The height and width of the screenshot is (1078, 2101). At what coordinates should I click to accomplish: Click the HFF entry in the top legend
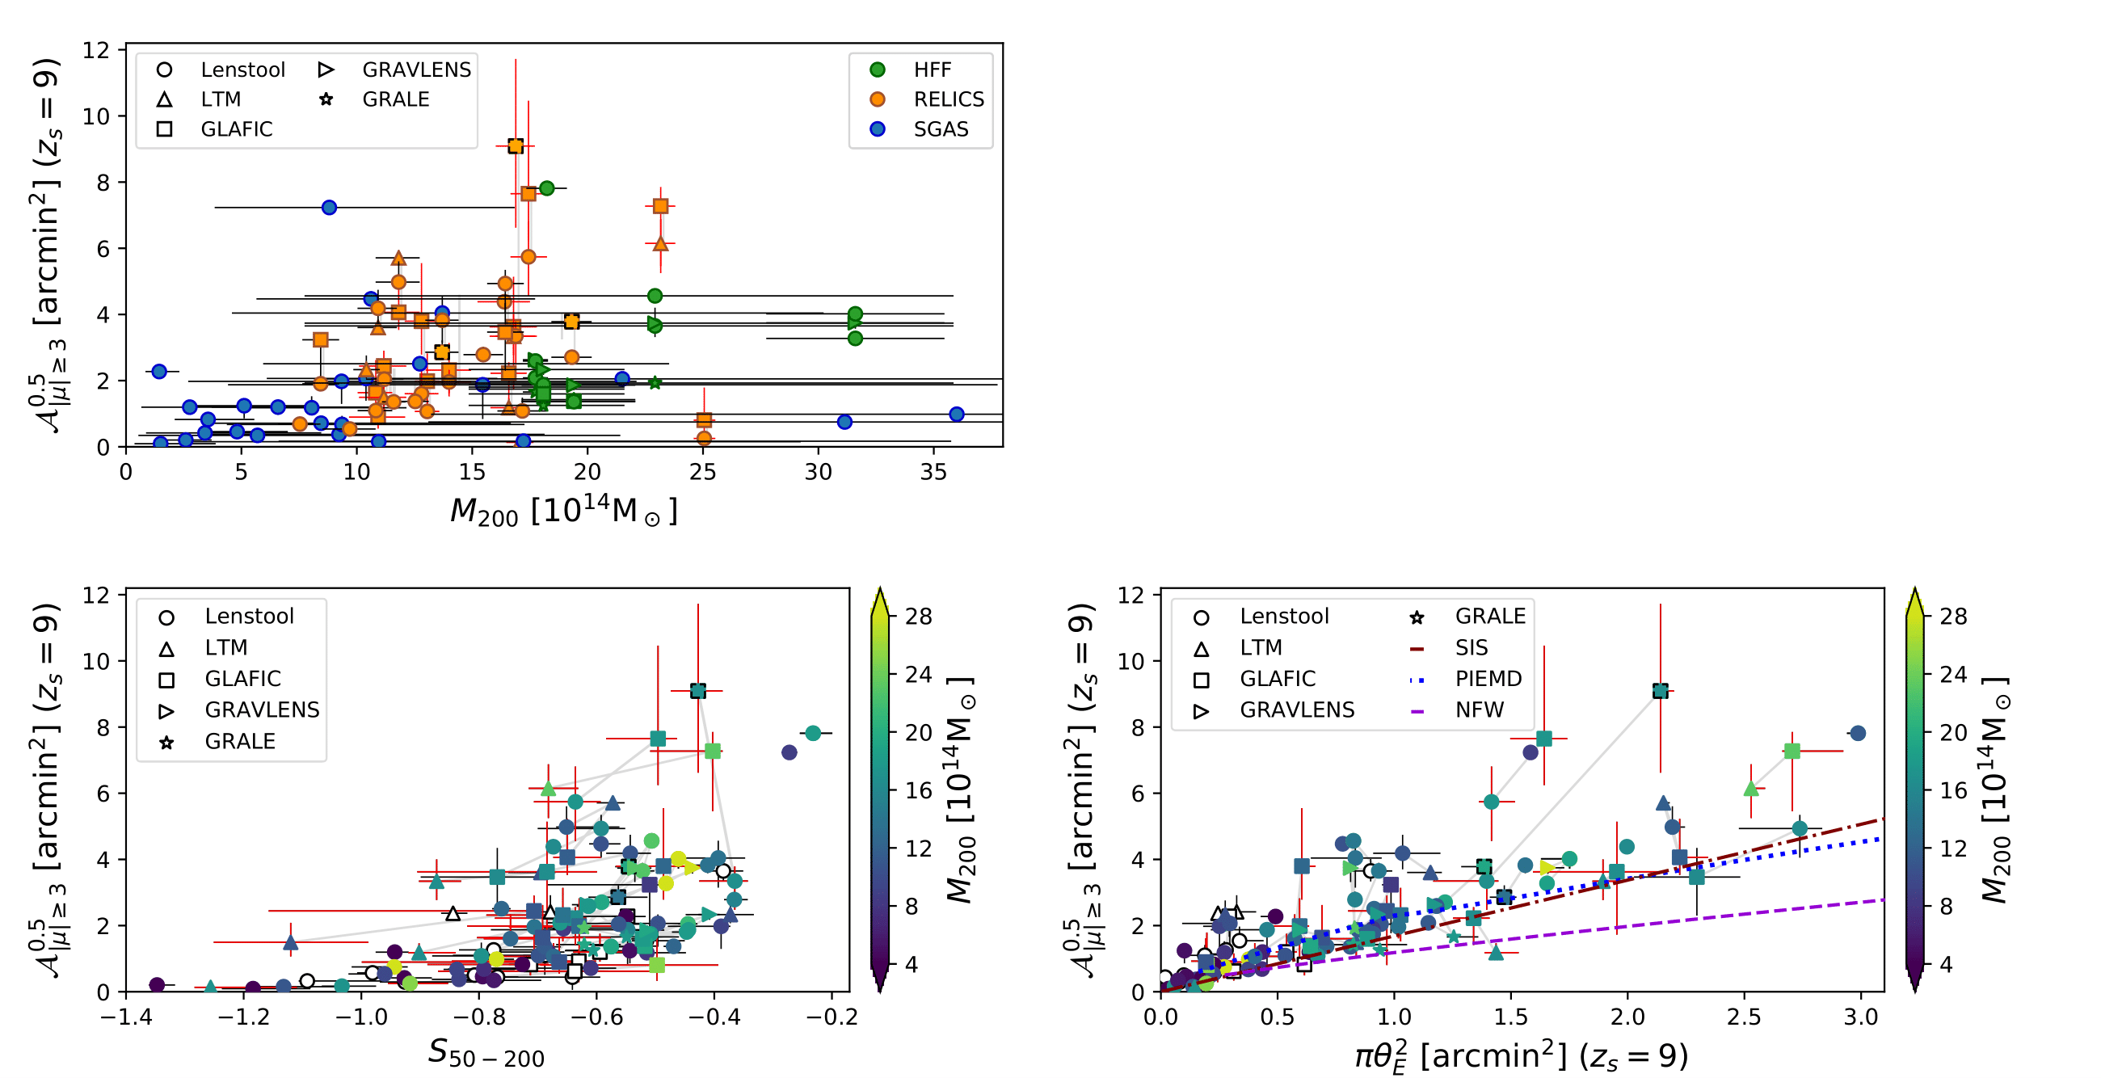[x=932, y=70]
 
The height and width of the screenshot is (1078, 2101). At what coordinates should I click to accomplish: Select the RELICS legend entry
[x=948, y=99]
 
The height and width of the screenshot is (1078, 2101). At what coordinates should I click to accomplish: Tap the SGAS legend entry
[x=941, y=128]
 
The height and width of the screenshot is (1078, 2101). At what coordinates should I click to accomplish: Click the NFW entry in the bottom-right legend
[x=1479, y=710]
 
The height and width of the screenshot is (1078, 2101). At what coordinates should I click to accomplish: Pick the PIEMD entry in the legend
[x=1488, y=680]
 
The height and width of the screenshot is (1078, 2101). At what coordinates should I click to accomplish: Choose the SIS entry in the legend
[x=1471, y=648]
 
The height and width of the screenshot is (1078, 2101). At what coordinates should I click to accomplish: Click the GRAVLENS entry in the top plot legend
[x=416, y=70]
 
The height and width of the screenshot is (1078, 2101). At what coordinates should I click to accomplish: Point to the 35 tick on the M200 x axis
[x=934, y=472]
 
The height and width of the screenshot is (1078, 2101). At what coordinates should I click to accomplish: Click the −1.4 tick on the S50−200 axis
[x=125, y=1017]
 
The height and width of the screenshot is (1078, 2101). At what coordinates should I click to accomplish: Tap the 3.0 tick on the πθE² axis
[x=1860, y=1017]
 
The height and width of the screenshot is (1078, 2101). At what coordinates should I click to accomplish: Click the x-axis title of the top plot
[x=563, y=512]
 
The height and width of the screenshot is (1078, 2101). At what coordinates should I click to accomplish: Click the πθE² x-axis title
[x=1521, y=1056]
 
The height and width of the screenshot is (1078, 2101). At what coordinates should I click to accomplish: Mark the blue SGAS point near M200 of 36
[x=957, y=415]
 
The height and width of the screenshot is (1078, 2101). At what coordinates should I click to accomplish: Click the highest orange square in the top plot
[x=516, y=146]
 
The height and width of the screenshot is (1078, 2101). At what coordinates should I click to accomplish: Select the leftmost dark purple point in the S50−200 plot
[x=158, y=985]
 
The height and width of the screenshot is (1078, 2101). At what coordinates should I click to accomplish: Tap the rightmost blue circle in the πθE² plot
[x=1858, y=733]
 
